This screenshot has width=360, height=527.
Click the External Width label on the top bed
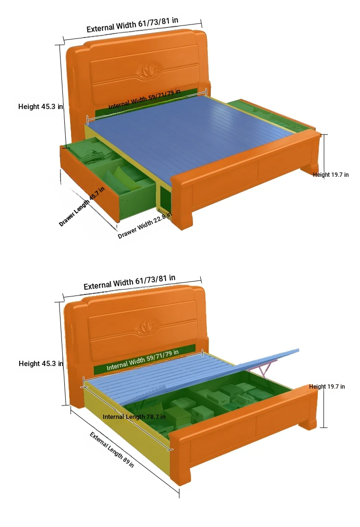(x=132, y=25)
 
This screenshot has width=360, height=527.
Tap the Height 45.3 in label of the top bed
(x=40, y=107)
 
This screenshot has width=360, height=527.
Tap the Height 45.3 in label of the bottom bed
(x=41, y=363)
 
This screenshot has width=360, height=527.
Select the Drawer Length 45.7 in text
(x=82, y=207)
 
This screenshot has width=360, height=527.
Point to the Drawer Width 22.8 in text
(x=145, y=225)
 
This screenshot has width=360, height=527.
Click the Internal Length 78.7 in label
(x=134, y=417)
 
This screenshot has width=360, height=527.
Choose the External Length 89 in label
(x=112, y=450)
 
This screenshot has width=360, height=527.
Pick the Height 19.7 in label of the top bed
(x=331, y=174)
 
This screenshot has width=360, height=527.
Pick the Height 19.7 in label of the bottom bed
(x=327, y=387)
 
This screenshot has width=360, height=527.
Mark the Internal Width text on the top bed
(x=144, y=99)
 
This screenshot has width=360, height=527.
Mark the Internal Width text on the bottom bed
(x=143, y=360)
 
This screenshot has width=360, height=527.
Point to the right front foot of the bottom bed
(x=308, y=422)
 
